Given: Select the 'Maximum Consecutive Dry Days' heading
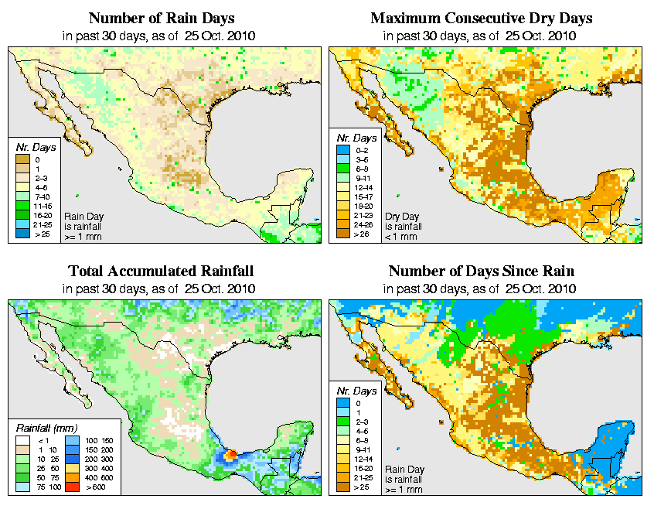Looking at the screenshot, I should pyautogui.click(x=482, y=18).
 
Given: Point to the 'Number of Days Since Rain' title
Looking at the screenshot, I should pyautogui.click(x=482, y=272).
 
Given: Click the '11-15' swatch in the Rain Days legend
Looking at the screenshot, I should pyautogui.click(x=22, y=207).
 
